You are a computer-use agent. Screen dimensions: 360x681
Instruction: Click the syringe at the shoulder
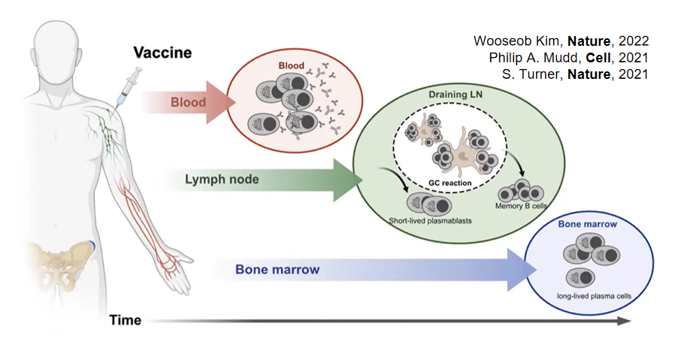[129, 84]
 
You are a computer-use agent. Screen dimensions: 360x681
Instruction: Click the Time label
[126, 320]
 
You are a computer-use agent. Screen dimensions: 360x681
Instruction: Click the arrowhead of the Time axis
[624, 321]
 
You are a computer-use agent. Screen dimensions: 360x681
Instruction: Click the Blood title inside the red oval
[292, 65]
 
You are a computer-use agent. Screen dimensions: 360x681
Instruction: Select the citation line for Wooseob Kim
[561, 41]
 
